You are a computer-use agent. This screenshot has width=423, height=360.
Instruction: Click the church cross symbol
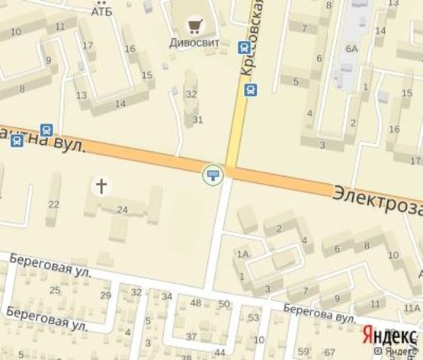[100, 185]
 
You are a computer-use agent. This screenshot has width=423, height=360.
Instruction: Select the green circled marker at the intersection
[213, 176]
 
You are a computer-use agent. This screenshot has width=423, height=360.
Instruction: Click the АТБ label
[101, 11]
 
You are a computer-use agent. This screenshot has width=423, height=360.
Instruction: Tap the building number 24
[122, 208]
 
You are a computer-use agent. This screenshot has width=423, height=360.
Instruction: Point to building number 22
[53, 204]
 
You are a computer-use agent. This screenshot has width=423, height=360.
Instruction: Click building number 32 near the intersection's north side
[192, 95]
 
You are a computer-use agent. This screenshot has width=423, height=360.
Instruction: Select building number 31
[197, 120]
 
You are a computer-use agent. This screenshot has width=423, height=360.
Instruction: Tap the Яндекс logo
[388, 336]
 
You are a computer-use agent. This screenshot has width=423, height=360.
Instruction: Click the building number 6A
[351, 48]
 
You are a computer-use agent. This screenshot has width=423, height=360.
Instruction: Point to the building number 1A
[243, 255]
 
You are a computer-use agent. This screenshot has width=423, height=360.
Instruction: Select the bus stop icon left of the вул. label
[47, 130]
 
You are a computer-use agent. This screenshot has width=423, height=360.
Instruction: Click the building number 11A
[412, 308]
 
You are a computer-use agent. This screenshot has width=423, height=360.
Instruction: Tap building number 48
[196, 303]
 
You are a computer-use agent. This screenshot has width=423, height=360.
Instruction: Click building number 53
[254, 317]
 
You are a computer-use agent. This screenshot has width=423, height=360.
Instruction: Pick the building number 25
[55, 290]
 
